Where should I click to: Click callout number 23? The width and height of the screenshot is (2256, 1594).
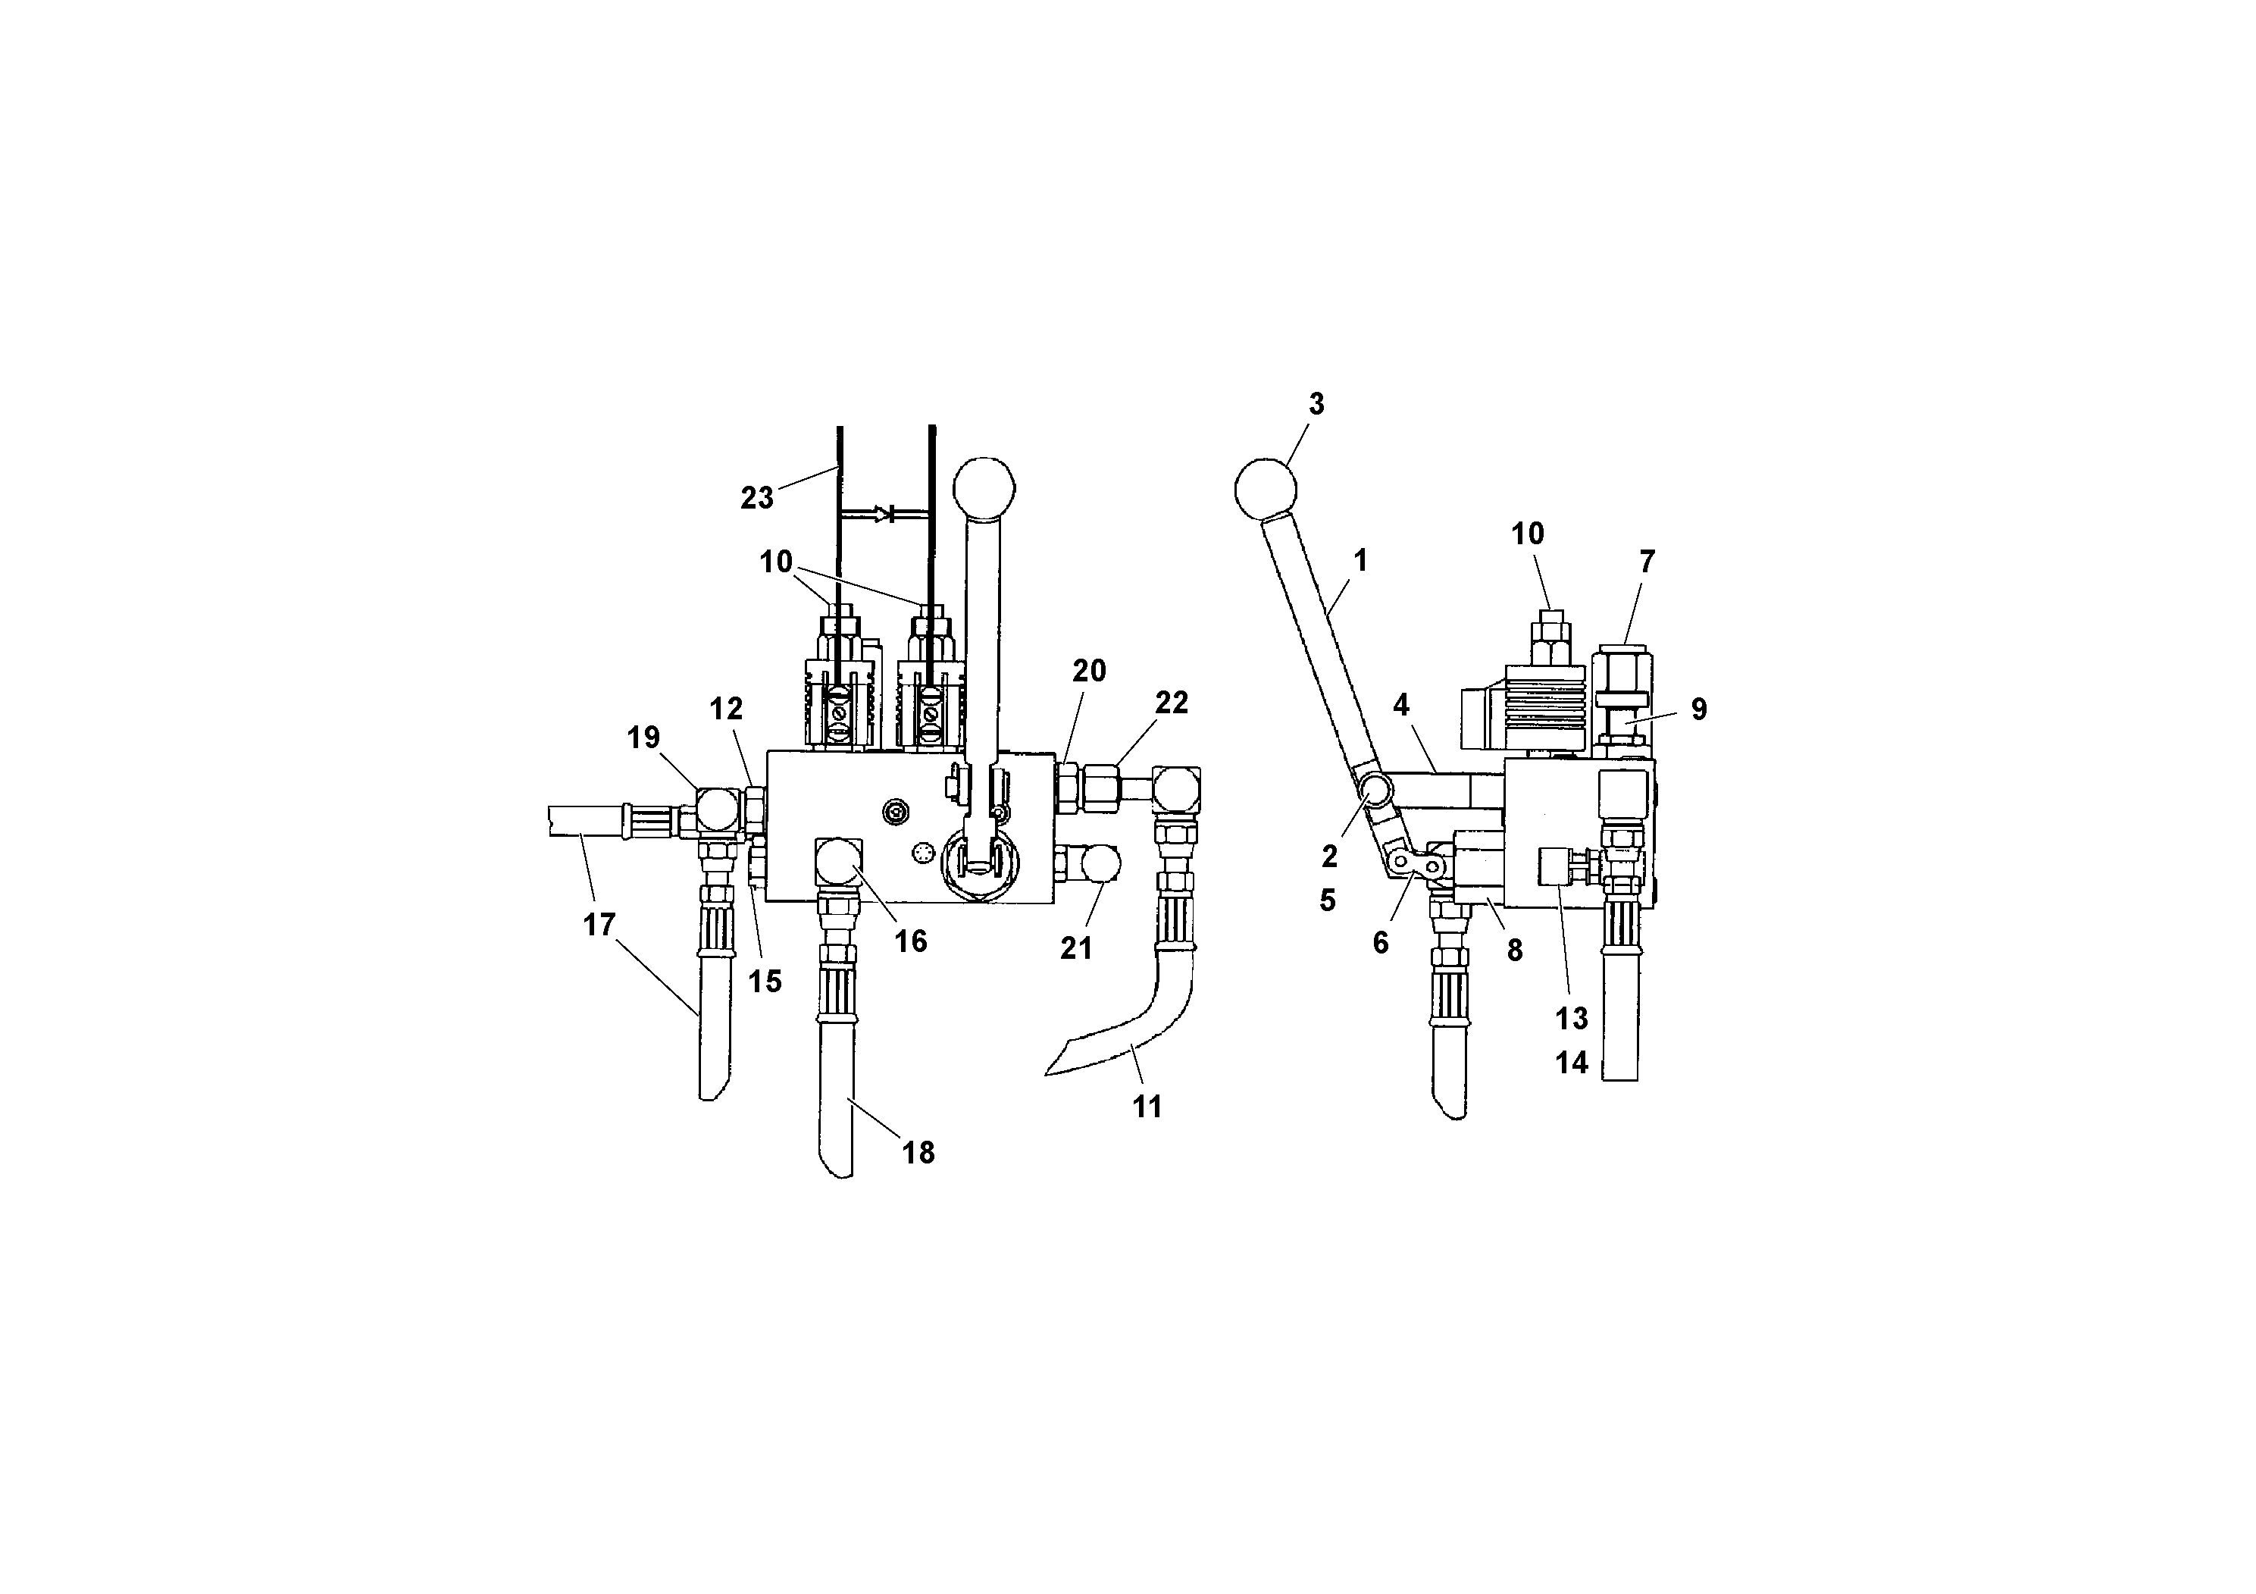[756, 498]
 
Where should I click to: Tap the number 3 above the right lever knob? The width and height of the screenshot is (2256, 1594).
[1316, 404]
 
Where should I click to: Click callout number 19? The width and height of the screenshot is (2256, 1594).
[643, 738]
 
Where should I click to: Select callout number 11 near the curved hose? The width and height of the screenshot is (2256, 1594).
[1147, 1107]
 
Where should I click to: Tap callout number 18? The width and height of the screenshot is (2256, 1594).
[918, 1153]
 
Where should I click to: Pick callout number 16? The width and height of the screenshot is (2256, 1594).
[910, 941]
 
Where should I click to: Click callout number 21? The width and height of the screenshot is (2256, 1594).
[1076, 948]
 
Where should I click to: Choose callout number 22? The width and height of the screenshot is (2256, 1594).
[1172, 703]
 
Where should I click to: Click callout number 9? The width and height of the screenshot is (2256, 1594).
[1699, 709]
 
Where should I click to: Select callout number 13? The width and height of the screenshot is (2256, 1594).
[1571, 1018]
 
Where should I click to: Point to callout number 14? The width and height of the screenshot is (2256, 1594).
[1571, 1063]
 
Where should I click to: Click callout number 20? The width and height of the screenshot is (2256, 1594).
[1089, 672]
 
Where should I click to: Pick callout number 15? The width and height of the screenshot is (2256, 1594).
[765, 981]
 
